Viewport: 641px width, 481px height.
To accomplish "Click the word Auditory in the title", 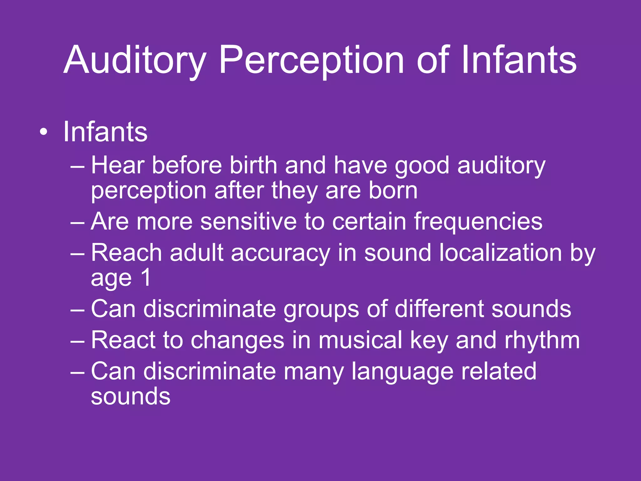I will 135,60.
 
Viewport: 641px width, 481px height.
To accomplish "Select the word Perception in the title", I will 311,60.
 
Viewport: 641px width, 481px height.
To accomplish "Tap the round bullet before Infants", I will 44,132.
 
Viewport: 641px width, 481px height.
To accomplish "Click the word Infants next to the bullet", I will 105,132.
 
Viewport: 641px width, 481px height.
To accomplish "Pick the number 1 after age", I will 146,278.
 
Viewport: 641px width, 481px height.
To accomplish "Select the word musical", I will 360,340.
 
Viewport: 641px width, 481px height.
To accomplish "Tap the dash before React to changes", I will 77,342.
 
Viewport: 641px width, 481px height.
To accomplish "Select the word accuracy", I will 280,253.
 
